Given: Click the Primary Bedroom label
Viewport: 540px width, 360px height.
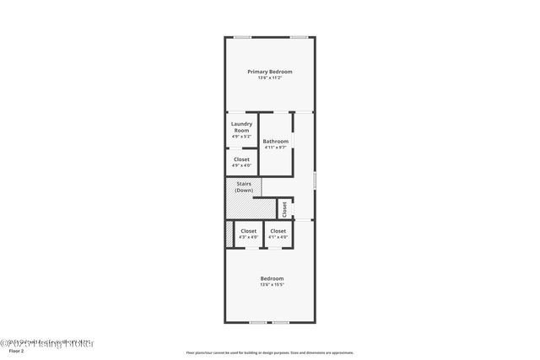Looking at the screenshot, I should click(x=269, y=72).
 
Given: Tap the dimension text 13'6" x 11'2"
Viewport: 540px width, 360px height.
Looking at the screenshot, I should click(x=269, y=78).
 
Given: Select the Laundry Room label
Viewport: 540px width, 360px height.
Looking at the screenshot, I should click(x=241, y=127).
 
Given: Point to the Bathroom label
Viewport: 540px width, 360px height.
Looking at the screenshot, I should click(x=275, y=141).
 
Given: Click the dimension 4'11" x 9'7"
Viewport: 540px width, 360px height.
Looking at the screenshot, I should click(x=275, y=148).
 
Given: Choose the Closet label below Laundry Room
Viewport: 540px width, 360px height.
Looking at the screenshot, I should click(x=241, y=159).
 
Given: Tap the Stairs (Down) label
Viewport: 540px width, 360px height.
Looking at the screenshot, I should click(x=244, y=187).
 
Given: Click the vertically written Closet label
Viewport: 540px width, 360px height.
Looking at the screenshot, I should click(x=284, y=208).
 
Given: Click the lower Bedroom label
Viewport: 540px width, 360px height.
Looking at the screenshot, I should click(x=272, y=278).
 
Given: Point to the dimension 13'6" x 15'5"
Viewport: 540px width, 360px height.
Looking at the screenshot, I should click(x=272, y=285).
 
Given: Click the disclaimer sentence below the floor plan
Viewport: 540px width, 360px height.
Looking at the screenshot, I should click(x=270, y=352).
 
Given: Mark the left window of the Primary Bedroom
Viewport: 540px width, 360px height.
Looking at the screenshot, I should click(x=242, y=36).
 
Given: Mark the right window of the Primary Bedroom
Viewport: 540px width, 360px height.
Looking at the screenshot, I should click(x=298, y=36).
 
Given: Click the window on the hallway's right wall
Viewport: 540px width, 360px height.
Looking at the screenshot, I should click(x=315, y=180).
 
